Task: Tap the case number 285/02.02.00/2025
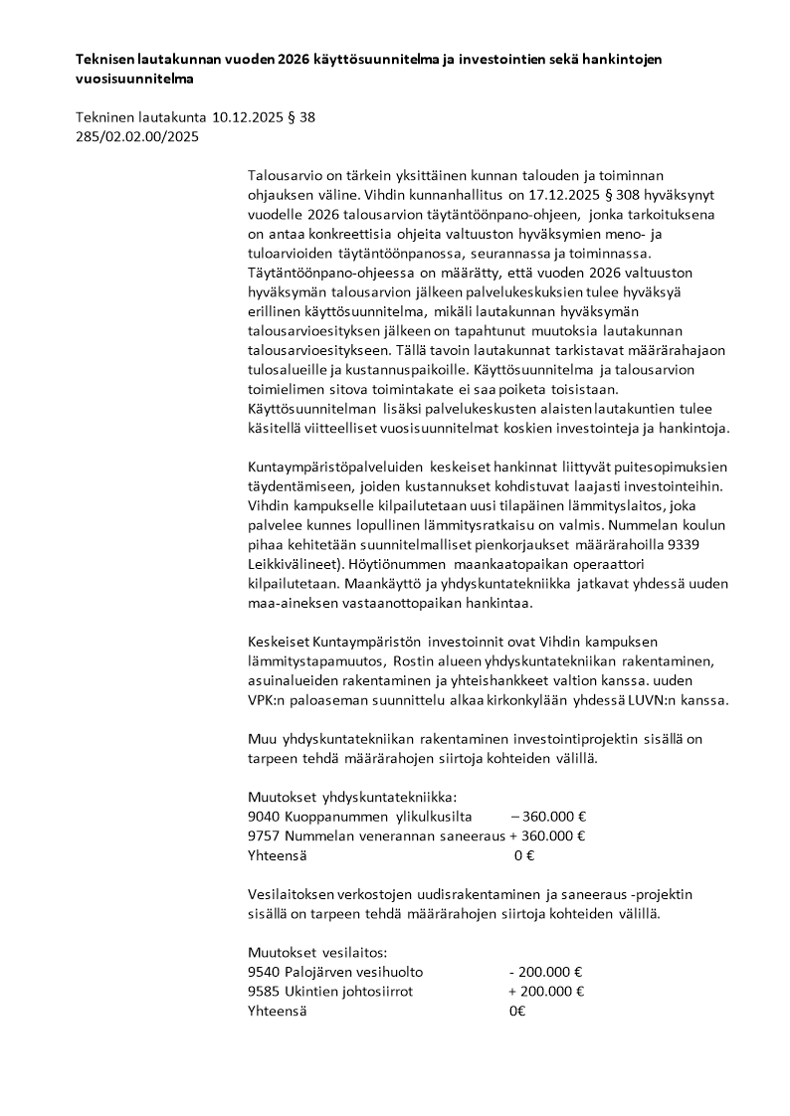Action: (x=137, y=137)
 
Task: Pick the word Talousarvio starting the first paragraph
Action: (x=287, y=175)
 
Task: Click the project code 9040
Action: (x=264, y=816)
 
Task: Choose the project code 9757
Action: (x=264, y=836)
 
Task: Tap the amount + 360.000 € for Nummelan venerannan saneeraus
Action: (x=546, y=836)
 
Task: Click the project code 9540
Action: (x=264, y=972)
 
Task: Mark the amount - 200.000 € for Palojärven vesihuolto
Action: (x=545, y=972)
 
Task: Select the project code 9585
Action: (x=264, y=991)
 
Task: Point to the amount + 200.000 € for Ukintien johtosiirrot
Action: (x=545, y=991)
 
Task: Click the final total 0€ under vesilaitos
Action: (x=517, y=1011)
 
